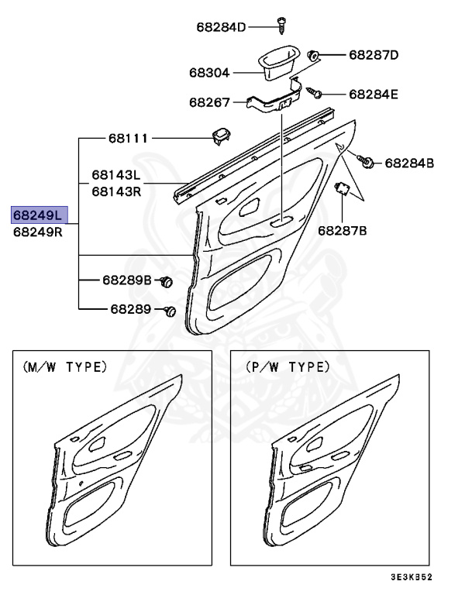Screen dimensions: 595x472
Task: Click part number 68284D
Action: point(220,28)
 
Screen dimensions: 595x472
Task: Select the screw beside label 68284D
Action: point(280,26)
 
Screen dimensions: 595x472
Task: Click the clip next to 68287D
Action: point(315,56)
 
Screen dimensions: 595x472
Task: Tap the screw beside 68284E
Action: point(315,93)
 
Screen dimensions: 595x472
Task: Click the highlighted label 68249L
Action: point(39,215)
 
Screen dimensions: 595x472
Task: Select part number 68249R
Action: point(39,232)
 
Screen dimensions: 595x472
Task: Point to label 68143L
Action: point(116,175)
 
